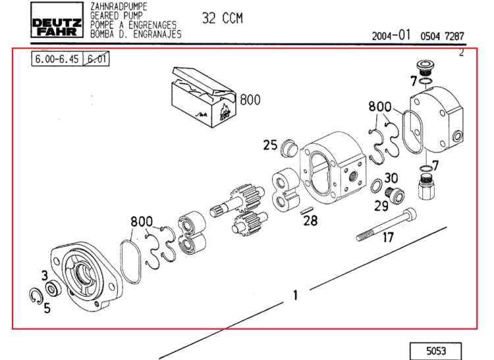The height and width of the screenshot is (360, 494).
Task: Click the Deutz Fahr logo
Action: tap(57, 20)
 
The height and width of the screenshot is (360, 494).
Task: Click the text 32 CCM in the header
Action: tap(223, 18)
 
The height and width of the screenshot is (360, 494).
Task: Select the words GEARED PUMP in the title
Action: tap(116, 15)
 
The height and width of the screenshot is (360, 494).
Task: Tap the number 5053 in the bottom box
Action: tap(436, 351)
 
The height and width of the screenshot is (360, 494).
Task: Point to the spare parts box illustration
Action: tap(204, 97)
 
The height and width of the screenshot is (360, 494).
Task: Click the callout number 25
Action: tap(270, 145)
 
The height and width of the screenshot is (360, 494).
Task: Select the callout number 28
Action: tap(310, 220)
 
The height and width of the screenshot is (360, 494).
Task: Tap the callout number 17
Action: tap(389, 238)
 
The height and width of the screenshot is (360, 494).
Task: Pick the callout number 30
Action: tap(391, 178)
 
